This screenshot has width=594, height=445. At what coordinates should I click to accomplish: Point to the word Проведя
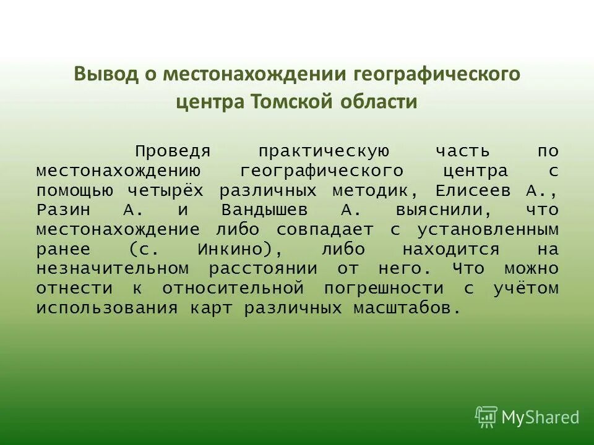pyautogui.click(x=174, y=151)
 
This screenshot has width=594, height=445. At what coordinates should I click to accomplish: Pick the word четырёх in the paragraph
pyautogui.click(x=168, y=190)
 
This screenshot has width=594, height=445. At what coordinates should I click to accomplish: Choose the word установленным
pyautogui.click(x=488, y=230)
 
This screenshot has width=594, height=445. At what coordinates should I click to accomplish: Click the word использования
pyautogui.click(x=106, y=308)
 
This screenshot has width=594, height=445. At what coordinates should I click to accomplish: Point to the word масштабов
pyautogui.click(x=407, y=308)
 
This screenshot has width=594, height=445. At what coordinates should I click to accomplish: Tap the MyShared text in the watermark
pyautogui.click(x=540, y=417)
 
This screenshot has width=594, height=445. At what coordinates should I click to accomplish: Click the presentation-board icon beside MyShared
pyautogui.click(x=486, y=417)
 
